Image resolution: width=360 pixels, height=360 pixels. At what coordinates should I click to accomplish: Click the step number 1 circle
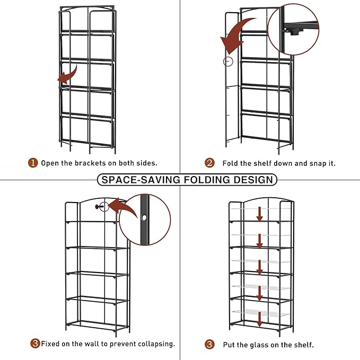(33, 163)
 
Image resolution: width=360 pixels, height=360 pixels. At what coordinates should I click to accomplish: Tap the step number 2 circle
(210, 163)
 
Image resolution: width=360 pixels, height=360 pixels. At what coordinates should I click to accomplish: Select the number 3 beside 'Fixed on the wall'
(35, 344)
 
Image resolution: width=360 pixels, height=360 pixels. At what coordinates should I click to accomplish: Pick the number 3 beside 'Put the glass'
(210, 345)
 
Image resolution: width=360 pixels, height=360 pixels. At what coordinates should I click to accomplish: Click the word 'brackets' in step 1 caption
(90, 163)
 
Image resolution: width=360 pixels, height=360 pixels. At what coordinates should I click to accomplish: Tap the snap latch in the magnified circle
(291, 31)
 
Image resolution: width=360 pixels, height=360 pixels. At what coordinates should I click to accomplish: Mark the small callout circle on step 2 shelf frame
(228, 62)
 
